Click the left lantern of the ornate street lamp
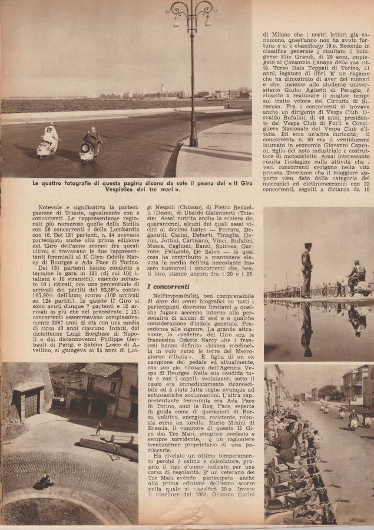176,22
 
